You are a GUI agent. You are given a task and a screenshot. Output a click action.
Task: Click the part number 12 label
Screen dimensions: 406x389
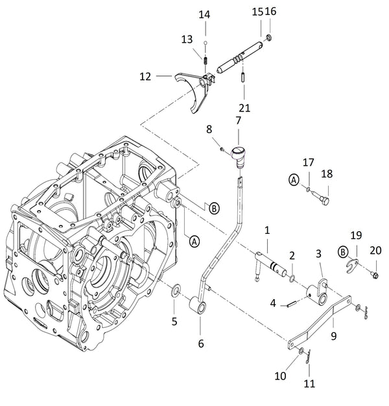coord(145,76)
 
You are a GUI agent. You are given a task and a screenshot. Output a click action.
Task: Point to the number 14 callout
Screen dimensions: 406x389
coord(204,14)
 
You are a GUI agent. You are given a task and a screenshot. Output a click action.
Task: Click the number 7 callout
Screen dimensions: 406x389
coord(238,121)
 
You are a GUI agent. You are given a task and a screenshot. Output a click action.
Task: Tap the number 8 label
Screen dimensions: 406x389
coord(209,129)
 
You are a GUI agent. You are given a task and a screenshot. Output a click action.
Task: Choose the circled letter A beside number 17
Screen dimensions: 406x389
coord(294,181)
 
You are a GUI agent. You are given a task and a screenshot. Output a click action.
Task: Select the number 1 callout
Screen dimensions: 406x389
coord(266,230)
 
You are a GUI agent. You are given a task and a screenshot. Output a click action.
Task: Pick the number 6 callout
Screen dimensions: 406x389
coord(201,343)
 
